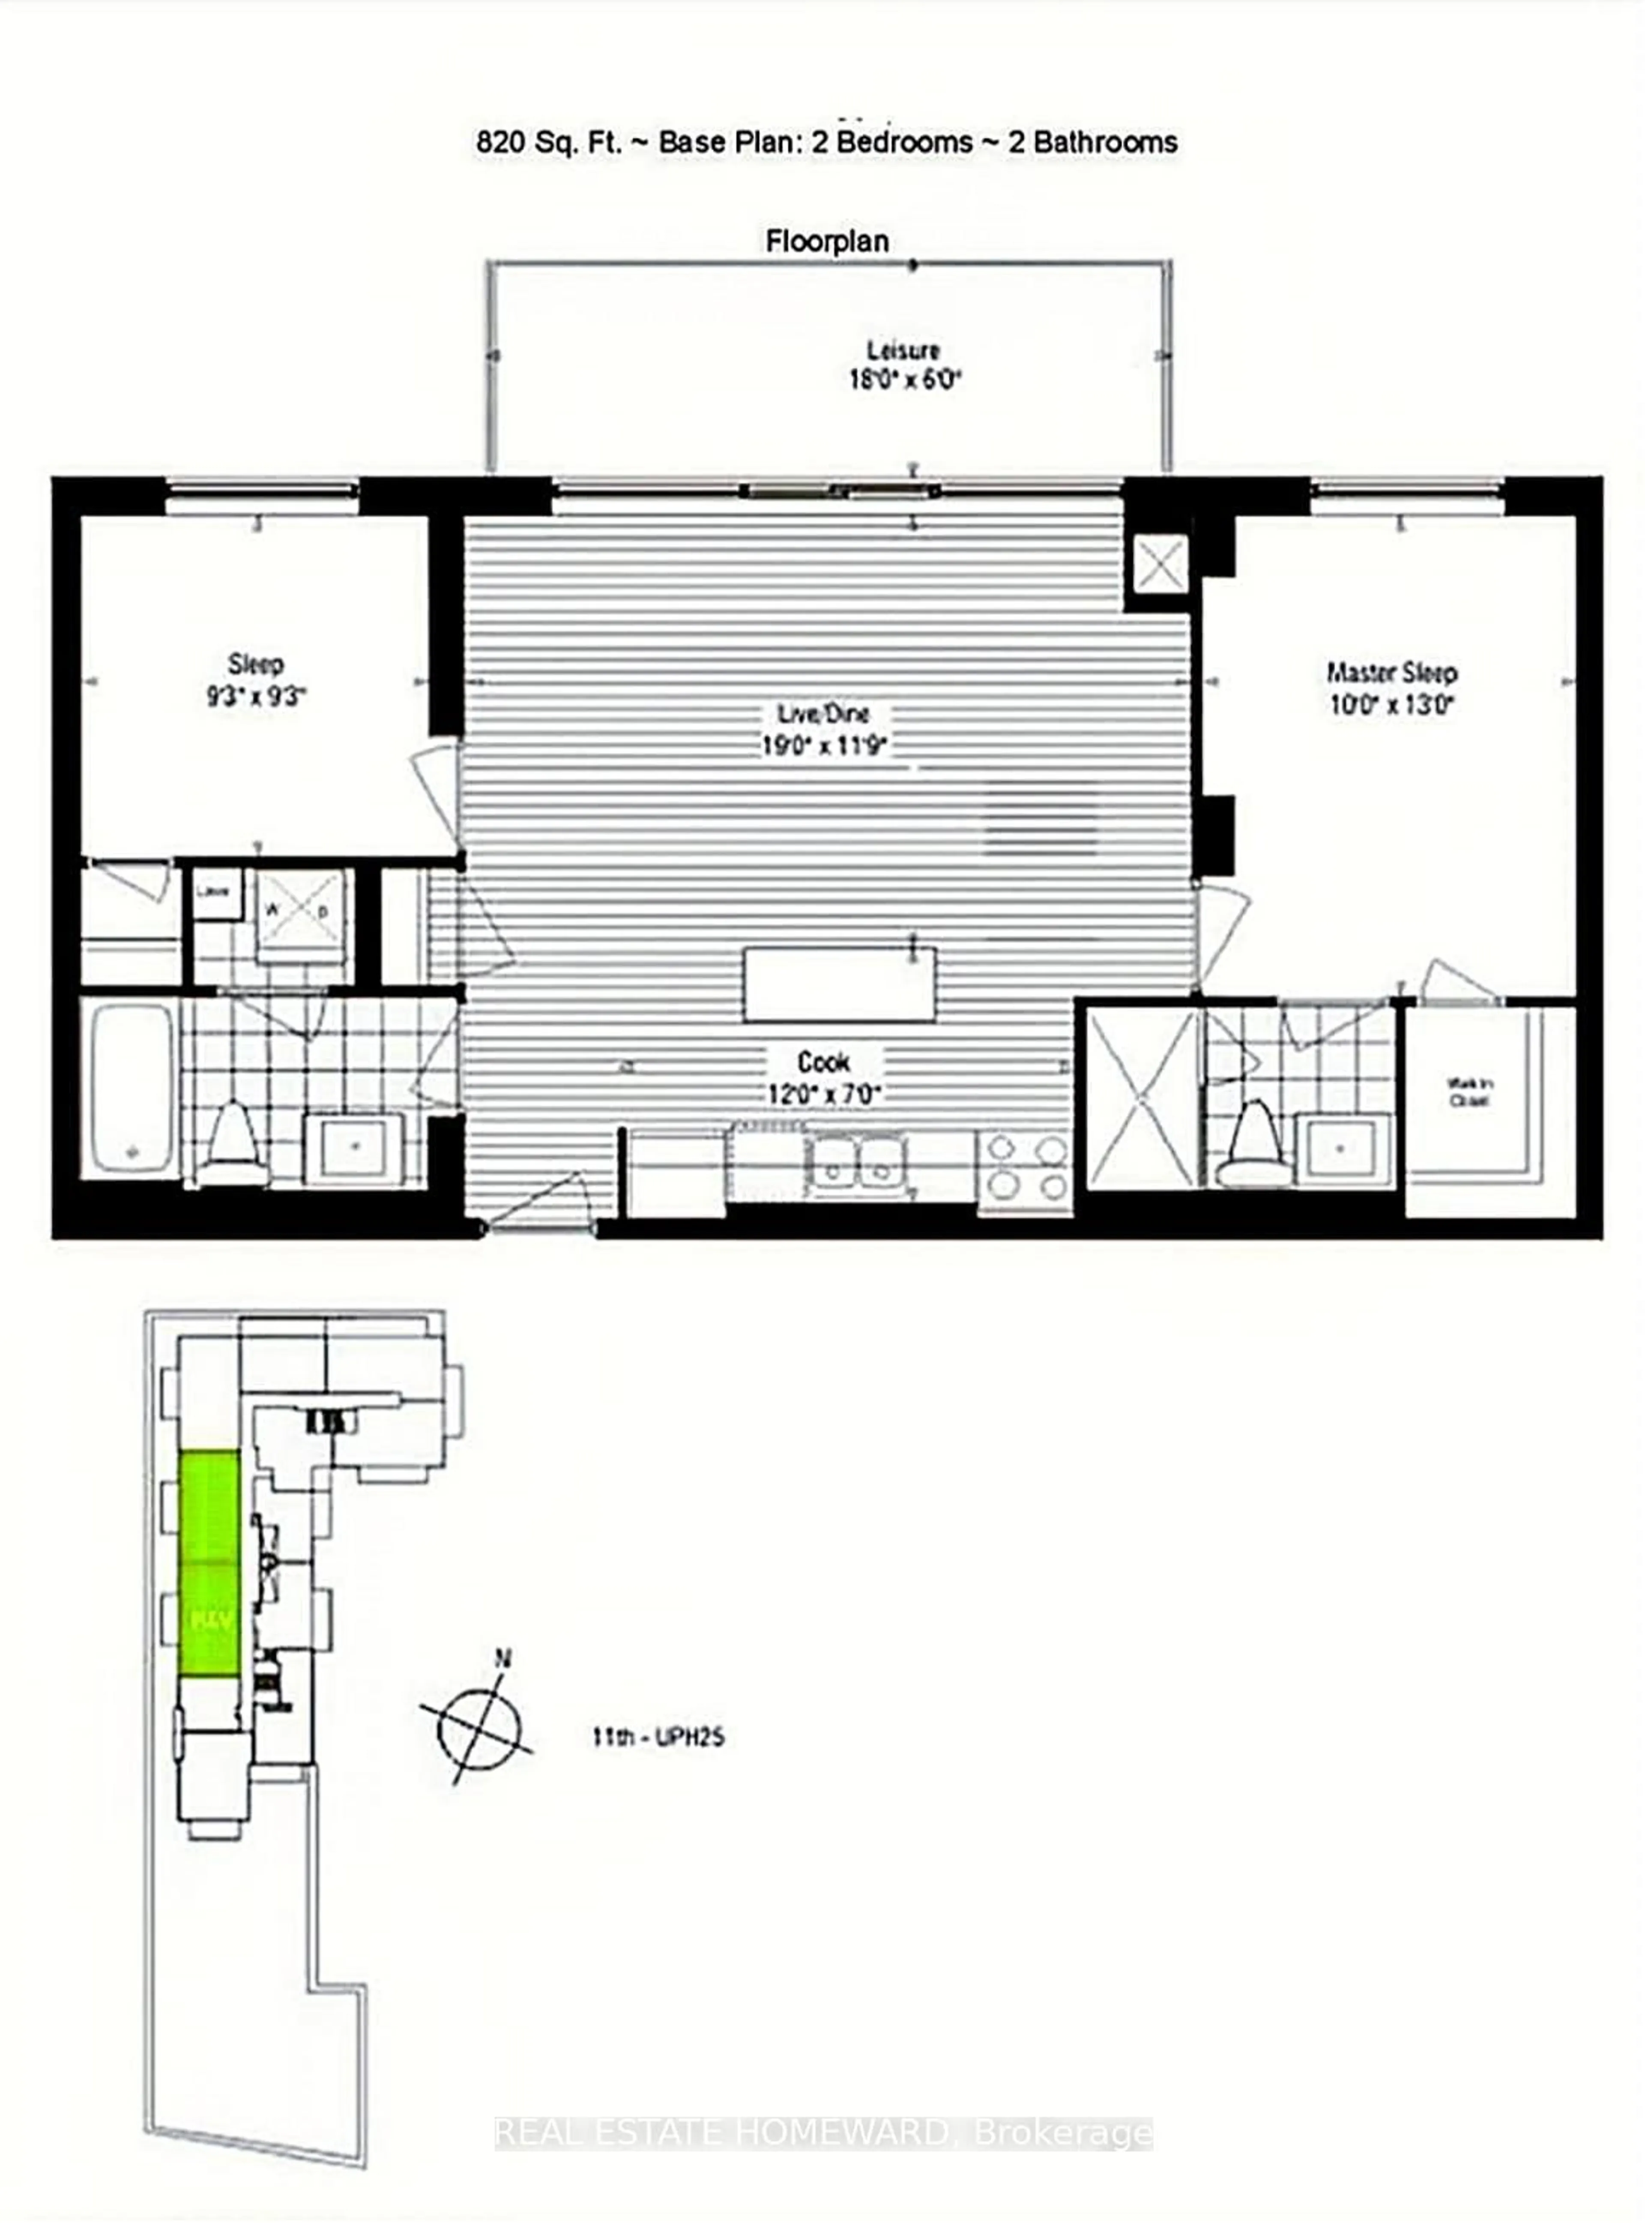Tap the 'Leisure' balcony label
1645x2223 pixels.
[902, 350]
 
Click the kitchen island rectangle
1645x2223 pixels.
[840, 984]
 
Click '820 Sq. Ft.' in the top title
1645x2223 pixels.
[549, 142]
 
